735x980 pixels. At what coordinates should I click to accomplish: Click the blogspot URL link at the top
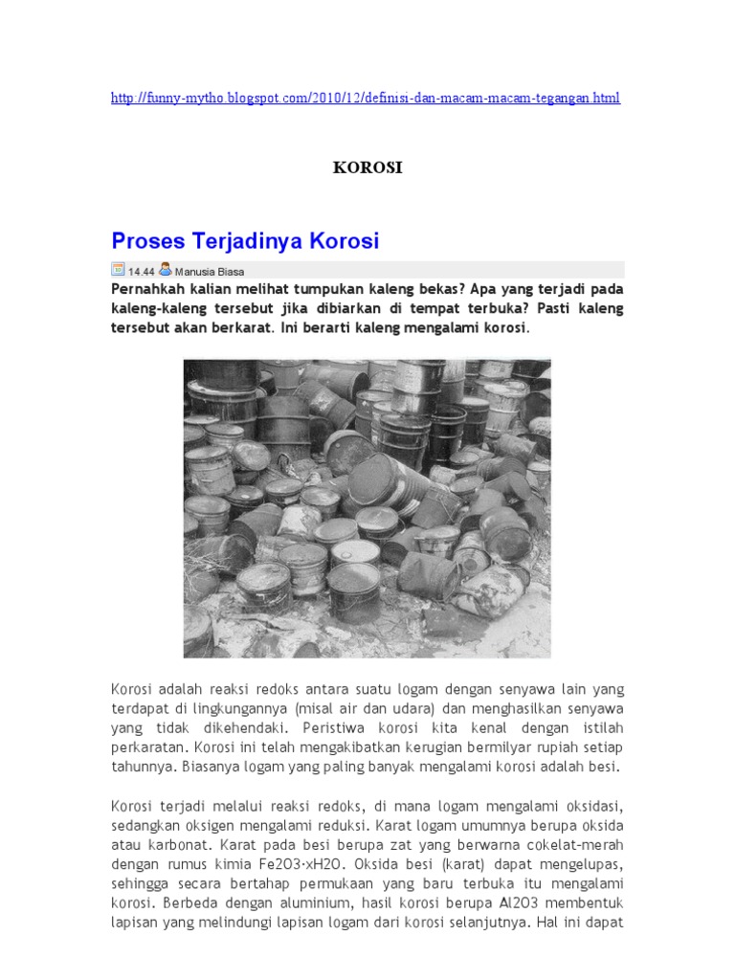(x=366, y=99)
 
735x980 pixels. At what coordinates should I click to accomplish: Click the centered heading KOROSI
(x=367, y=168)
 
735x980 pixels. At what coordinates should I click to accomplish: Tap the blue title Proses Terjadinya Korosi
(x=245, y=239)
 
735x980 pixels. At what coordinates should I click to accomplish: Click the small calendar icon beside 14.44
(x=118, y=270)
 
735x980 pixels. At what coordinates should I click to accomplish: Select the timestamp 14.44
(x=142, y=271)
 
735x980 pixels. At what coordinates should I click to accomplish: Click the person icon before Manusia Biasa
(x=166, y=270)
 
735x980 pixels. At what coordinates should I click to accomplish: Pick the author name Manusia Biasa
(x=209, y=271)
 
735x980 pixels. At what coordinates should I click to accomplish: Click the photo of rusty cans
(x=367, y=507)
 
